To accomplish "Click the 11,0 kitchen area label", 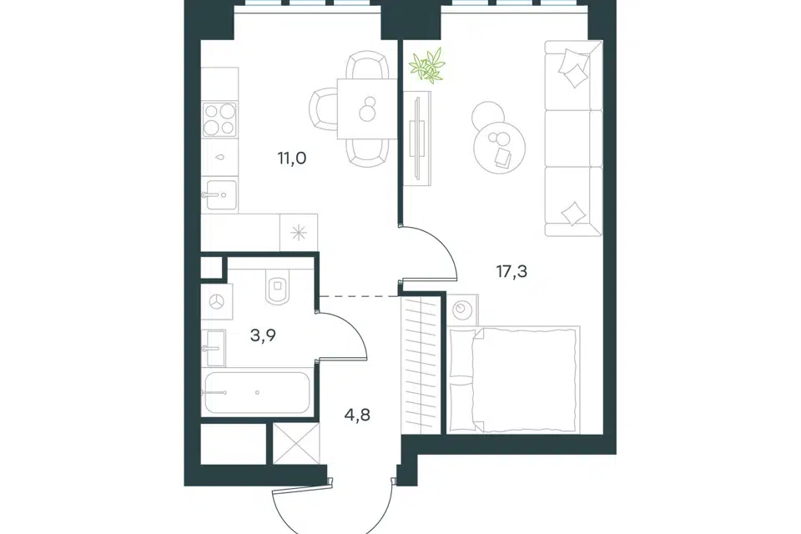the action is click(x=292, y=159).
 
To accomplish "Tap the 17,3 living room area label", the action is click(x=511, y=271).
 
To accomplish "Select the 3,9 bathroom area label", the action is click(x=263, y=335).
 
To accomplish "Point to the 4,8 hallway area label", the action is click(x=356, y=415).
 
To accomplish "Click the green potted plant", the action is click(x=427, y=65).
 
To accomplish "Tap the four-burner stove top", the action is click(x=219, y=119).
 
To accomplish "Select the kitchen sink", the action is click(x=220, y=194).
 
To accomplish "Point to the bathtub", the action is click(x=256, y=392).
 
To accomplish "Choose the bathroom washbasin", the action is click(x=214, y=348).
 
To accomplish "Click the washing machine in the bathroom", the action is click(x=218, y=301).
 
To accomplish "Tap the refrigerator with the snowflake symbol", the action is click(x=299, y=233).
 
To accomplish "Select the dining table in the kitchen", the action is click(x=367, y=108).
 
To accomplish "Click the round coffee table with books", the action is click(x=500, y=147).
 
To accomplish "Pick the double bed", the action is click(x=514, y=379).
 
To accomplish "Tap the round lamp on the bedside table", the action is click(x=463, y=310).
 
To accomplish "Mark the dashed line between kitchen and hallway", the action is click(x=358, y=296).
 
